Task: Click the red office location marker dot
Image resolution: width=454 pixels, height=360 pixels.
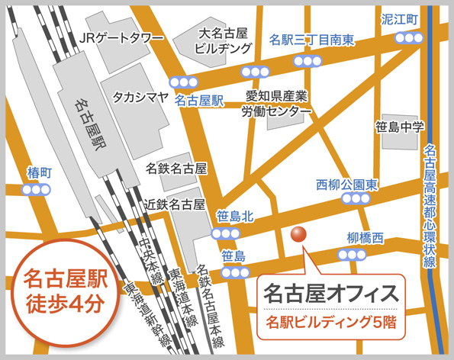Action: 299,234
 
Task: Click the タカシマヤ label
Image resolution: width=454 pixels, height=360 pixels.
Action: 141,97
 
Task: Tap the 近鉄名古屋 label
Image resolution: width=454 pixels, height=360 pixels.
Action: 176,204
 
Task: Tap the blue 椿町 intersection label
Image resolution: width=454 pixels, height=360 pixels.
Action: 38,171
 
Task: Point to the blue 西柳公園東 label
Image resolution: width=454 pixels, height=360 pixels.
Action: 347,184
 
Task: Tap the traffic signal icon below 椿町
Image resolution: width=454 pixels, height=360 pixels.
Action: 37,190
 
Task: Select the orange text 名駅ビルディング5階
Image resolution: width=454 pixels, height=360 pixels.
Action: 330,321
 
